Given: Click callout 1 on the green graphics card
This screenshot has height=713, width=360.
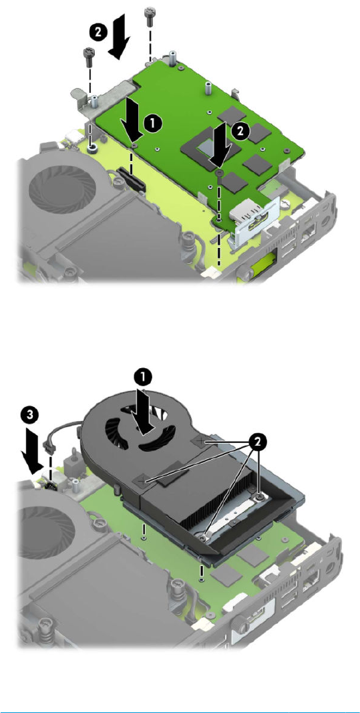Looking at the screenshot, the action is coord(153,123).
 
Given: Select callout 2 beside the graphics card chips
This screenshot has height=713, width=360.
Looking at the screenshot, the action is coord(241,132).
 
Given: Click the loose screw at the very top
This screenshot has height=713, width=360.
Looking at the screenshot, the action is coord(150,14).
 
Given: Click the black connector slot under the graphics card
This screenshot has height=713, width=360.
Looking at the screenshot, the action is coord(130,178).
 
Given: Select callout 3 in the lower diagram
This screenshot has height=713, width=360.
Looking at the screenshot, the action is coord(30,416).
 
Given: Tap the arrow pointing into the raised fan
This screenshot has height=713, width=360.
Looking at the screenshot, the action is coord(142,410).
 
